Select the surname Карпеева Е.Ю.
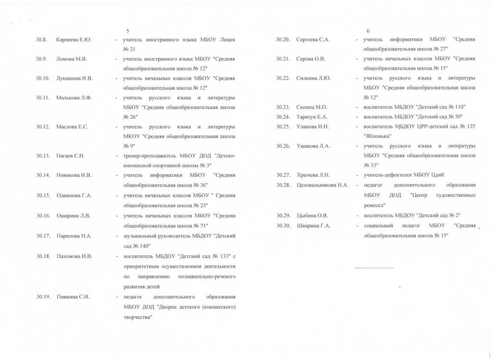click(x=74, y=39)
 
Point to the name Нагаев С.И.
click(x=71, y=156)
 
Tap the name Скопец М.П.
click(x=312, y=107)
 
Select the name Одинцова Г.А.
click(x=74, y=195)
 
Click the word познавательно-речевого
click(x=208, y=277)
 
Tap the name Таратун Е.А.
click(x=312, y=117)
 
